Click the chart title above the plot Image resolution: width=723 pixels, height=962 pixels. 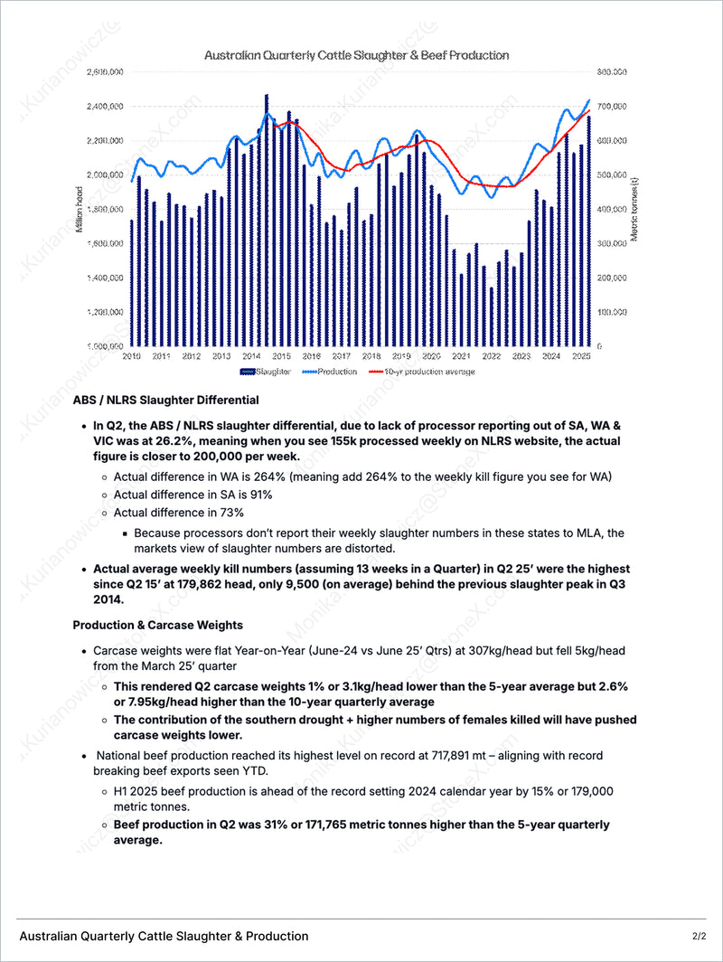[x=356, y=55]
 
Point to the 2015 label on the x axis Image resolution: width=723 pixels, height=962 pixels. [x=281, y=357]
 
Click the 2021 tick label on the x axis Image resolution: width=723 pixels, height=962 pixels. [x=461, y=357]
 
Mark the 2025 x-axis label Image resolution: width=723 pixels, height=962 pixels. [x=582, y=357]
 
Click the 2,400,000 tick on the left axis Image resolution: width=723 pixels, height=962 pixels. [x=105, y=106]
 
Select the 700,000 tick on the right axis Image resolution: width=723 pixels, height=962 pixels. [x=610, y=106]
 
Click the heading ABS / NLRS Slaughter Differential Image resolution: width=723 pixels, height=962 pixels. [x=165, y=400]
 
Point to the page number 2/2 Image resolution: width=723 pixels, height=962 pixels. [x=700, y=936]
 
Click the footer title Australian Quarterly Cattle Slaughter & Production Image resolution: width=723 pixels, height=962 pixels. [x=164, y=936]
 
